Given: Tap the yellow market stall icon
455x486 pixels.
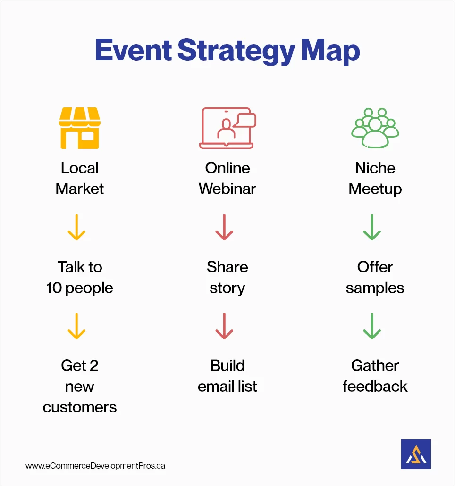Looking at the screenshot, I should point(79,128).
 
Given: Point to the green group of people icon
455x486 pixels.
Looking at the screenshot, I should point(375,128).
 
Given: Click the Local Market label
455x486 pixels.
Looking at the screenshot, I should point(80,178).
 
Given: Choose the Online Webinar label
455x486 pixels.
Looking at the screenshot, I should point(227,178).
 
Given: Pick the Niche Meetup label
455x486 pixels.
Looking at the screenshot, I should point(375,178).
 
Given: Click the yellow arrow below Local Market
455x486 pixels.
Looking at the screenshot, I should point(76,228).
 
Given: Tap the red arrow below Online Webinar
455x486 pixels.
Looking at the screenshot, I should point(224,228).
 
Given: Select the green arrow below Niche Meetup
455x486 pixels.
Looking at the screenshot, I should point(372,228).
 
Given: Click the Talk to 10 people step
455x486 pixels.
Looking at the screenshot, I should point(80,277).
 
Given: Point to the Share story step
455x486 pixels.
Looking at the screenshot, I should point(227,277).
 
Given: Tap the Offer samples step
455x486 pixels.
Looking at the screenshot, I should point(375,277).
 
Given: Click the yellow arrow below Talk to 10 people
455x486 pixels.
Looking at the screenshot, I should point(76,326).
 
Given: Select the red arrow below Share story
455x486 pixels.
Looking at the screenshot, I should point(224,326).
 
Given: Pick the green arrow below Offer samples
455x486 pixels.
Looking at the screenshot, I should point(372,326).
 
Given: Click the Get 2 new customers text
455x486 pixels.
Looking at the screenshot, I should point(80,386).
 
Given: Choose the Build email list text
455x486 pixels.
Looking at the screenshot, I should point(227,376).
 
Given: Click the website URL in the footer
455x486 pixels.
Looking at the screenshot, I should point(95,466).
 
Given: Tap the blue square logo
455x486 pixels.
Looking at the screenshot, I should point(416,454).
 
